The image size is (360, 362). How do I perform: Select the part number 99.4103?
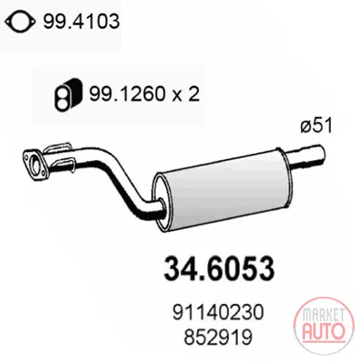point(81,22)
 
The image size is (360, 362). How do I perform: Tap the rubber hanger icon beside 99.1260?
point(69,95)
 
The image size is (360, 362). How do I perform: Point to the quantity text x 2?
point(185,94)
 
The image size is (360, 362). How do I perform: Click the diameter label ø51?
point(317,125)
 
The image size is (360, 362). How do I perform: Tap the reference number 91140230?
point(218,312)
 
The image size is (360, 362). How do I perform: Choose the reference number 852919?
point(218,337)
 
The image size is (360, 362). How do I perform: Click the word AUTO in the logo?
point(322,331)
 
